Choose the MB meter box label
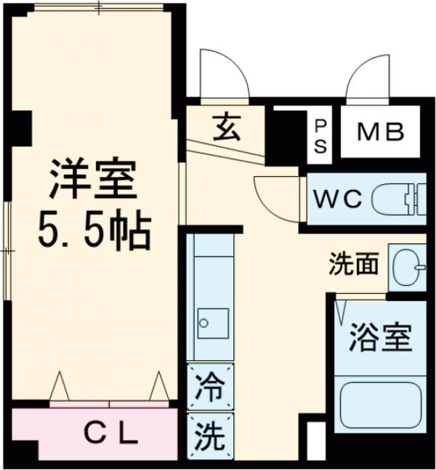(x=379, y=135)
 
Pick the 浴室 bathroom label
(x=380, y=338)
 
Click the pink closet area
(x=44, y=434)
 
